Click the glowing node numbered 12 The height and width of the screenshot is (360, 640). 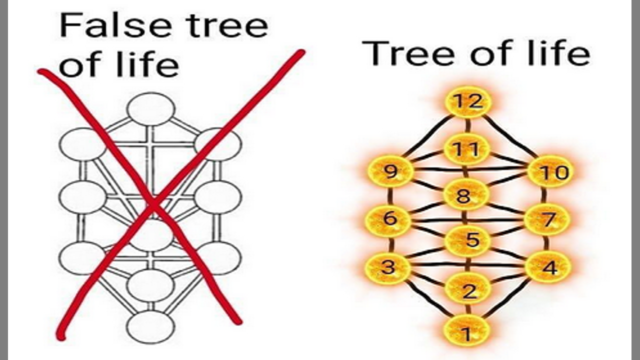468,102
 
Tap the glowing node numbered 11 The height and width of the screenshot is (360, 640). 466,149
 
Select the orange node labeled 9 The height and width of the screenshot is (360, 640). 390,172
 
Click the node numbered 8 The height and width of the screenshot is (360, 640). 465,195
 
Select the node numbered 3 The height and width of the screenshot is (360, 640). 388,267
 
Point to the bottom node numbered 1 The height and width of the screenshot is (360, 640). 466,331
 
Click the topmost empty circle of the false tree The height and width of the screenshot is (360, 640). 151,109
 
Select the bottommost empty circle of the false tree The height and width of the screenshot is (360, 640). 150,326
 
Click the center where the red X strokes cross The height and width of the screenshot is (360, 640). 152,205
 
